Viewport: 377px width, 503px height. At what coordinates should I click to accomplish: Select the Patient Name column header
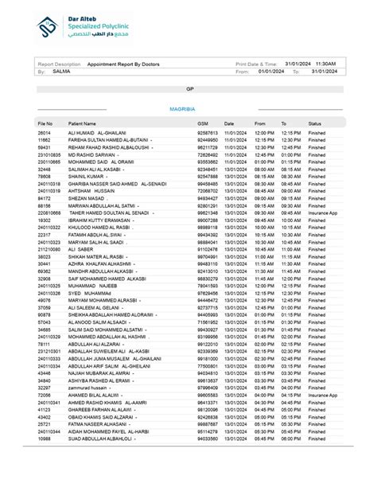(82, 124)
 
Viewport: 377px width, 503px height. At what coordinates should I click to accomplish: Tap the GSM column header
(203, 124)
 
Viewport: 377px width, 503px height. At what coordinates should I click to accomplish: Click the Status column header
(315, 124)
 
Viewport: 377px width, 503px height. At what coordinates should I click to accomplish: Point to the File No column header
(45, 124)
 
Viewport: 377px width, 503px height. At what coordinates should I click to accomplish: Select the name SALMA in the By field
(61, 71)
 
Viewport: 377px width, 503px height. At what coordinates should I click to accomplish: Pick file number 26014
(45, 132)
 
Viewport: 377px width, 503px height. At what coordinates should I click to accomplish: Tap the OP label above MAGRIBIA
(188, 90)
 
